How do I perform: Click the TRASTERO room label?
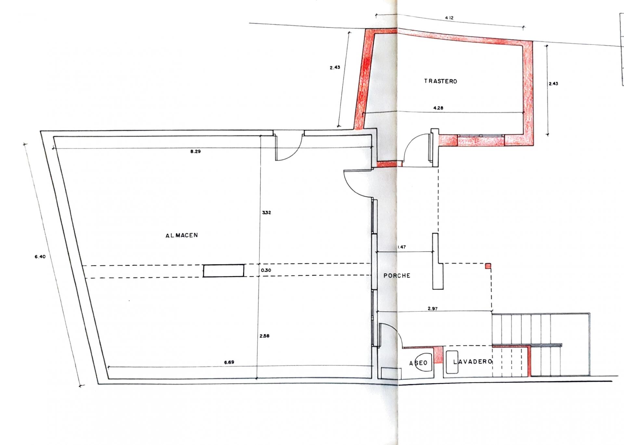pyautogui.click(x=440, y=81)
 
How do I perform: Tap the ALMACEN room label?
pyautogui.click(x=182, y=235)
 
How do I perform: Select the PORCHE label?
pyautogui.click(x=397, y=275)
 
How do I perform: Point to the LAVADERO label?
pyautogui.click(x=473, y=362)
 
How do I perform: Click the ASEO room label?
pyautogui.click(x=418, y=363)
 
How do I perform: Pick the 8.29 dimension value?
pyautogui.click(x=195, y=151)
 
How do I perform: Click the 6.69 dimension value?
pyautogui.click(x=229, y=362)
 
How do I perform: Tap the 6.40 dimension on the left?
pyautogui.click(x=40, y=257)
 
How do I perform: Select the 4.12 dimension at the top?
pyautogui.click(x=449, y=18)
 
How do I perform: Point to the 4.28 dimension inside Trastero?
pyautogui.click(x=438, y=108)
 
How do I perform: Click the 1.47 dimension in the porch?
pyautogui.click(x=402, y=247)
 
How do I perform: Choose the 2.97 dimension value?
pyautogui.click(x=433, y=309)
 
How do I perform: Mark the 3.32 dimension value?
pyautogui.click(x=266, y=213)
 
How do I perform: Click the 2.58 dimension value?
pyautogui.click(x=264, y=336)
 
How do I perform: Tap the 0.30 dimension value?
pyautogui.click(x=266, y=270)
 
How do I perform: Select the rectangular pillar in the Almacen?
pyautogui.click(x=224, y=271)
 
